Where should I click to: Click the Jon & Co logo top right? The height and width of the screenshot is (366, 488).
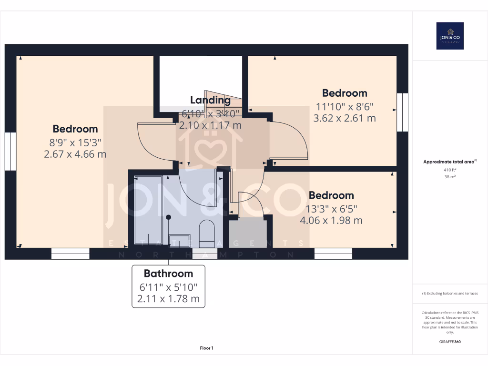coord(450,36)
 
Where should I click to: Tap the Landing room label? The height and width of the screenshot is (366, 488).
coord(210,100)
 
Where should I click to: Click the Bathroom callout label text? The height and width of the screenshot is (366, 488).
coord(168,274)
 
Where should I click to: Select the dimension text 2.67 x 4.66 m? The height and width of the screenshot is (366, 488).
coord(75,154)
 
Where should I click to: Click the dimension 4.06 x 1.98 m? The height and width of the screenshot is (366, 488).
coord(331,220)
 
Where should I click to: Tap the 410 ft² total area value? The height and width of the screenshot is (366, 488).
coord(449,170)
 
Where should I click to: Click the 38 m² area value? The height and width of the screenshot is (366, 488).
coord(449,176)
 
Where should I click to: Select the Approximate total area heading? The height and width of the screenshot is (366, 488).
coord(449,162)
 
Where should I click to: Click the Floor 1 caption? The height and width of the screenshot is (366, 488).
coord(206,348)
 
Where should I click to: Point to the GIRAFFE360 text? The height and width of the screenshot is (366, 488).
coord(450,342)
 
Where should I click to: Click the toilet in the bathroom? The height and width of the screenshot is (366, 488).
coord(207,232)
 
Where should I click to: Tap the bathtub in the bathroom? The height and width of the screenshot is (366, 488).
coord(148,210)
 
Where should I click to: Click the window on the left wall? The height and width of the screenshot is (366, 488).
coord(10,151)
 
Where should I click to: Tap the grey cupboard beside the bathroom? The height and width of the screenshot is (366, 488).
coord(247,233)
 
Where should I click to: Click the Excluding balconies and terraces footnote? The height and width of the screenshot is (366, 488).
coord(450,294)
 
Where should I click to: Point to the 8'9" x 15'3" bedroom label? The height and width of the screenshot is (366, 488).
coord(75,142)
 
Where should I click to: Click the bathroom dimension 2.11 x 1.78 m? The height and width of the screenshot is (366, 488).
coord(168,300)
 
